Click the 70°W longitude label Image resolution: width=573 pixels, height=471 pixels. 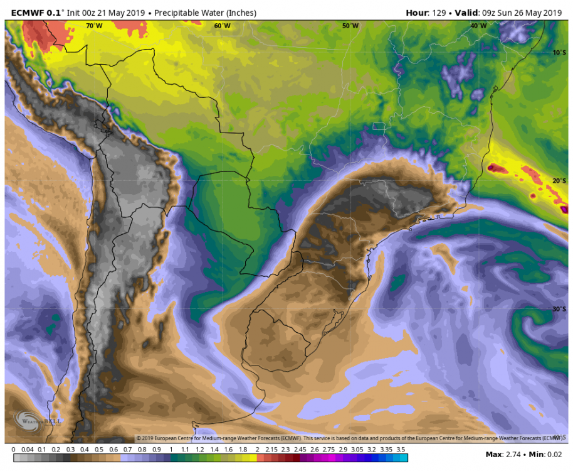(94, 26)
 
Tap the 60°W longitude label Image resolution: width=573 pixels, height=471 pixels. (222, 26)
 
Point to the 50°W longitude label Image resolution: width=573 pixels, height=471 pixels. (350, 26)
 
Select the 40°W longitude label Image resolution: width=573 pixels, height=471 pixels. (478, 26)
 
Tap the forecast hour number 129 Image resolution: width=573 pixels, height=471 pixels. (438, 13)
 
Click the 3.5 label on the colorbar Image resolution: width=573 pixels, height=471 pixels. (401, 450)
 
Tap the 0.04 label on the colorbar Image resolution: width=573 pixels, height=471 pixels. (27, 450)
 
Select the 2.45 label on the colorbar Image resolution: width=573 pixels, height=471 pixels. (300, 450)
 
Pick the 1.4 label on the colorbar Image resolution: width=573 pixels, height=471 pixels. (214, 450)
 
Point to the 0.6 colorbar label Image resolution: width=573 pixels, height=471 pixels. (114, 450)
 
